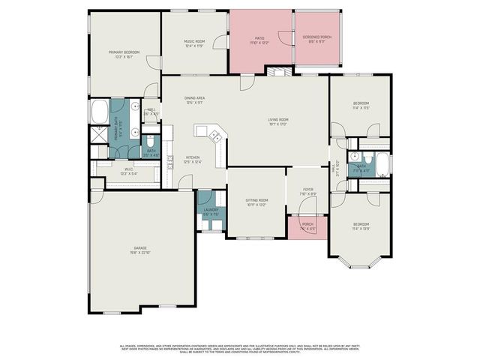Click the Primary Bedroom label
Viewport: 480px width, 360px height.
tap(125, 54)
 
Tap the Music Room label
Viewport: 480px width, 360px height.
tap(194, 44)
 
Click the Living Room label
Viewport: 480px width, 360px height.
tap(278, 121)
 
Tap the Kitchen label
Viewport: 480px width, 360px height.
tap(193, 159)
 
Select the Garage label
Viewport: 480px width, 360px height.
tap(140, 250)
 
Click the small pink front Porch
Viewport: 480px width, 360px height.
tap(307, 226)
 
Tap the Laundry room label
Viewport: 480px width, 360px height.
tap(211, 211)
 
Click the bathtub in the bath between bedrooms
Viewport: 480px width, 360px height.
tap(382, 164)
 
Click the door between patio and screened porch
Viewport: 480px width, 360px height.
tap(282, 37)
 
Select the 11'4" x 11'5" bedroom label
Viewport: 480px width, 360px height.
tap(361, 106)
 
